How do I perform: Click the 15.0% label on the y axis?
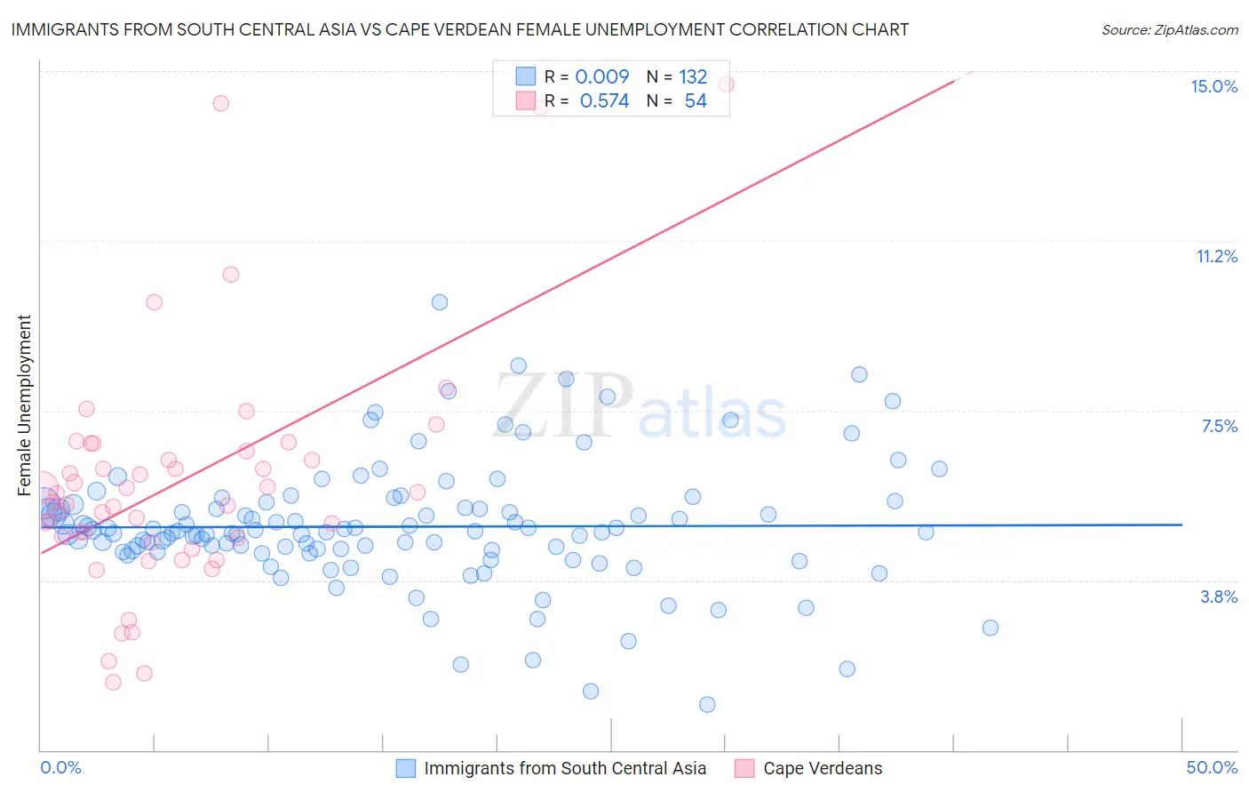click(x=1213, y=86)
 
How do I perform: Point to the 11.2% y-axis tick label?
click(x=1216, y=256)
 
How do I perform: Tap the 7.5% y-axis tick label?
click(x=1219, y=426)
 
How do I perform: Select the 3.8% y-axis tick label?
click(x=1219, y=597)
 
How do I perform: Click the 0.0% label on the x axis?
click(x=60, y=767)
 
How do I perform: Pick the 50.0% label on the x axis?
click(x=1212, y=767)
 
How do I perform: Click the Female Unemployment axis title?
click(x=24, y=405)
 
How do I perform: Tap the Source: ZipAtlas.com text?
click(x=1169, y=29)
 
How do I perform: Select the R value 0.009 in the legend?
click(x=601, y=76)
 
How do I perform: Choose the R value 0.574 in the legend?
click(x=604, y=100)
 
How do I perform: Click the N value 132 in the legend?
click(x=693, y=76)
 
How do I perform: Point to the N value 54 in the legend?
click(x=696, y=100)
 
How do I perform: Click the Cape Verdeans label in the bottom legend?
click(x=823, y=768)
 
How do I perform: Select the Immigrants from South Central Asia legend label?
click(x=565, y=768)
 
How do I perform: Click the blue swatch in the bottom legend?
click(x=406, y=768)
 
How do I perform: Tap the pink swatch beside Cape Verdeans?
click(x=744, y=768)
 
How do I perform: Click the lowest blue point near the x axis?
click(x=707, y=704)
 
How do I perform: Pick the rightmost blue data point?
click(x=990, y=628)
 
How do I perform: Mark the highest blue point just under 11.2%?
click(x=440, y=302)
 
